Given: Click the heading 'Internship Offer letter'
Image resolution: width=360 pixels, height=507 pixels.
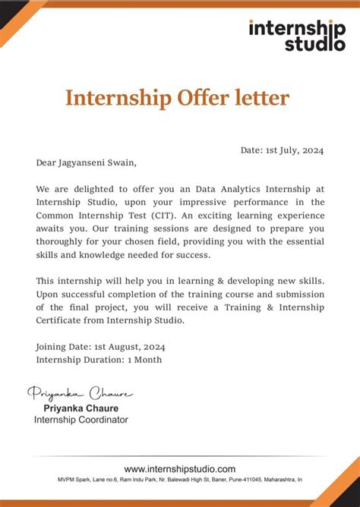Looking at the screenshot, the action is pos(177,98).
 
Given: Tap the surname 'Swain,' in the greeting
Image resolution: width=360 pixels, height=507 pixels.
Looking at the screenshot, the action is pos(124,162).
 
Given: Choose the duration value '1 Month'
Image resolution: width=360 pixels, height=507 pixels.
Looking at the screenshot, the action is pos(144,359).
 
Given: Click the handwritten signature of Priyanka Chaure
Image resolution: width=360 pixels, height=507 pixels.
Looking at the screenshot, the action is pos(80,393).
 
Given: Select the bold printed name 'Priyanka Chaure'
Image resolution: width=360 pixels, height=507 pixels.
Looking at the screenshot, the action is pos(80,408).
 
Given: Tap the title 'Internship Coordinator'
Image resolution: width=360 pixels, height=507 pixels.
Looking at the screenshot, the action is pos(81,420).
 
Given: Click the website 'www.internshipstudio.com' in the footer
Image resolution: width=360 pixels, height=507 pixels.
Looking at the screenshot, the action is pos(180,469).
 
